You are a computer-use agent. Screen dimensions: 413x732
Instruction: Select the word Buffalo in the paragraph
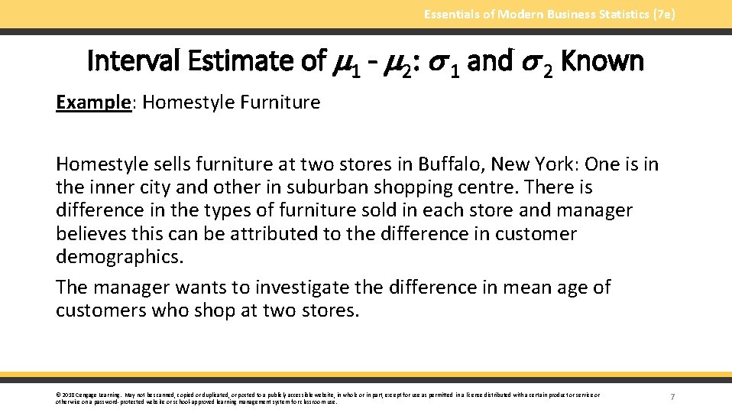pyautogui.click(x=450, y=164)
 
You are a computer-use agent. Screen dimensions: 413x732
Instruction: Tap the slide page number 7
pyautogui.click(x=672, y=396)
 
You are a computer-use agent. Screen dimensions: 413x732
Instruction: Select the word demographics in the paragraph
pyautogui.click(x=119, y=256)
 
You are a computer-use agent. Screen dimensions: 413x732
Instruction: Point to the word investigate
pyautogui.click(x=305, y=288)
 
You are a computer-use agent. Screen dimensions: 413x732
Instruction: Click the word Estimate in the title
pyautogui.click(x=242, y=60)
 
